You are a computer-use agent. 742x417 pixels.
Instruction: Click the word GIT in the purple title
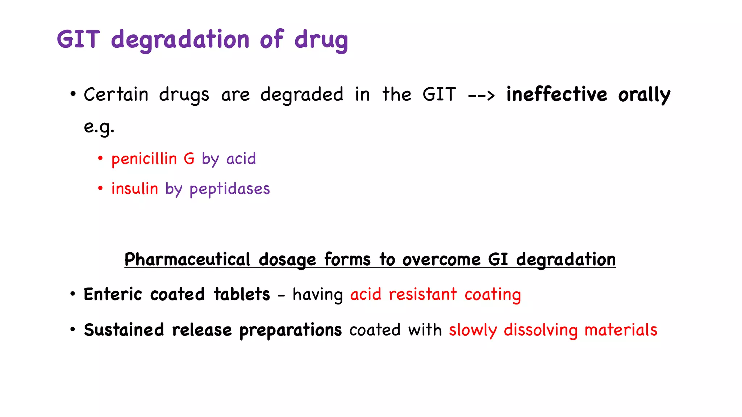click(78, 39)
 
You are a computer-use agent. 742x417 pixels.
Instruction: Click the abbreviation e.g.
click(99, 127)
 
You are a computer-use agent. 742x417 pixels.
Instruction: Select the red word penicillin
click(144, 159)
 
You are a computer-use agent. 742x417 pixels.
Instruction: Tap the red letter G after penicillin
click(189, 159)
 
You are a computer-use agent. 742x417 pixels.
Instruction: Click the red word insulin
click(135, 189)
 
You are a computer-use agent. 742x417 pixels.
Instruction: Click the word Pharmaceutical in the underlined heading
click(187, 260)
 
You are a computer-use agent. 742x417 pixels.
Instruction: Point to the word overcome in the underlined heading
click(441, 260)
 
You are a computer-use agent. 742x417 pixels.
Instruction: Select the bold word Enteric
click(113, 294)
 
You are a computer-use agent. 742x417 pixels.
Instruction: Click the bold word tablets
click(242, 294)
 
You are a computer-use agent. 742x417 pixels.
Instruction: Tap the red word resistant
click(422, 294)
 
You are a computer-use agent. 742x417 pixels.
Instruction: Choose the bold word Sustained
click(124, 330)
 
